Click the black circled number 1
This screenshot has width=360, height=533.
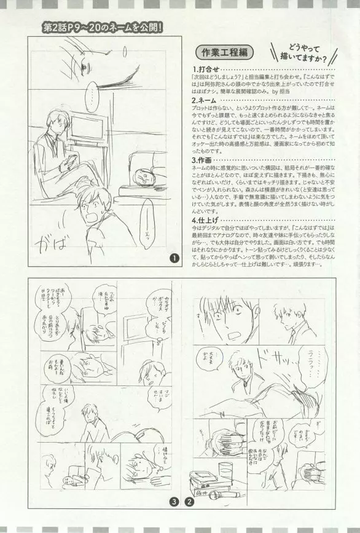coord(175,259)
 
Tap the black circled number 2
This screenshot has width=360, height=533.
coord(190,518)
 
